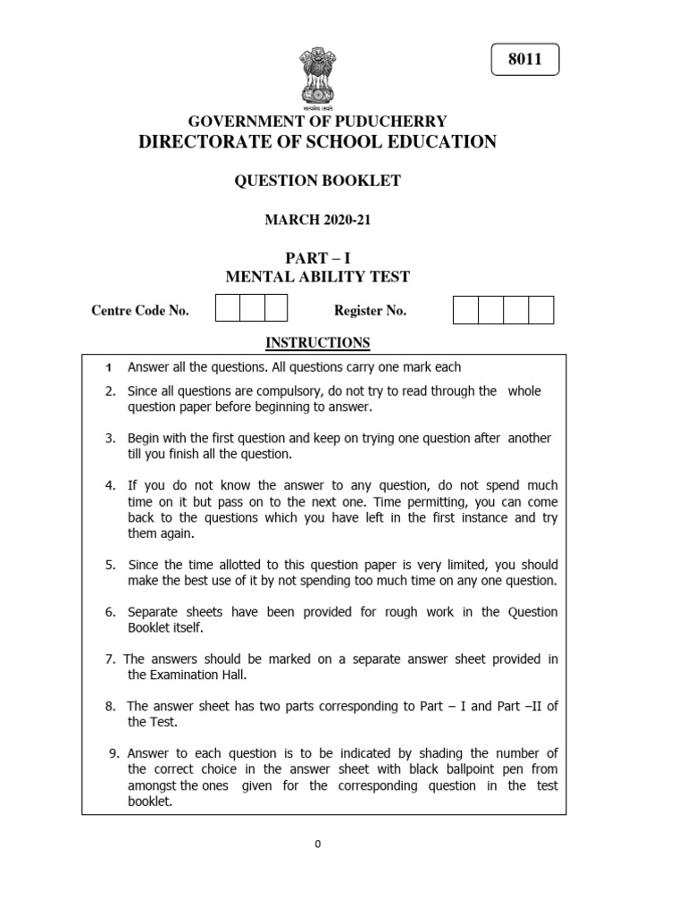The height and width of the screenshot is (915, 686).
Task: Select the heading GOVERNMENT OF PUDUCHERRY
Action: coord(317,122)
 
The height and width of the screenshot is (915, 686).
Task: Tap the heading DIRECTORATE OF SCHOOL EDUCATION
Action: coord(317,142)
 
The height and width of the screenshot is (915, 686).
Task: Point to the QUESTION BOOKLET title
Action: coord(317,181)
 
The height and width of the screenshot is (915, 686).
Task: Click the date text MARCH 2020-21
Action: coord(317,220)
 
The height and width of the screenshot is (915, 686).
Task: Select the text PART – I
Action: coord(317,258)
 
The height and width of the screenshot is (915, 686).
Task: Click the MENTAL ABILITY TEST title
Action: coord(317,278)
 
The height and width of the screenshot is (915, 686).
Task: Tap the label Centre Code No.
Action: coord(140,311)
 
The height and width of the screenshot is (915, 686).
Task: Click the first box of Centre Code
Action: coord(228,309)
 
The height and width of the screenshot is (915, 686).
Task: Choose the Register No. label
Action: coord(370,311)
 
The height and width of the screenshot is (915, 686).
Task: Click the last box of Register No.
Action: coord(541,310)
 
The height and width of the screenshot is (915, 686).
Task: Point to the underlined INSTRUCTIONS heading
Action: coord(317,342)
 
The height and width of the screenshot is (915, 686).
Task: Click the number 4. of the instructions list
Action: coord(111,486)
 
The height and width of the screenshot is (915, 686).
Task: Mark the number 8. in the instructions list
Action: coord(111,706)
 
